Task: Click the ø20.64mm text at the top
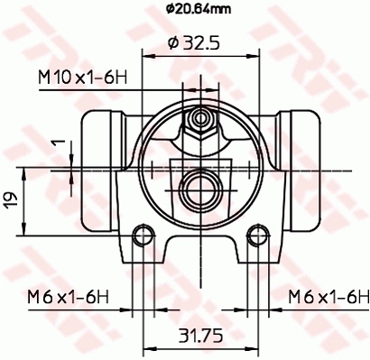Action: (x=199, y=11)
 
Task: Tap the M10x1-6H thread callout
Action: (x=81, y=79)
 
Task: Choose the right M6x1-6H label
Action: (x=328, y=295)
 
